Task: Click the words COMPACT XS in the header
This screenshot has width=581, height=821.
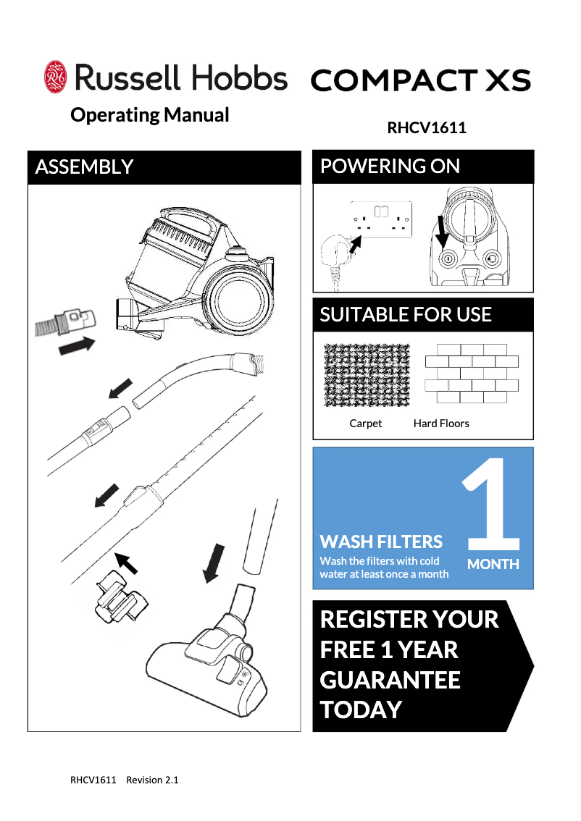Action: tap(420, 80)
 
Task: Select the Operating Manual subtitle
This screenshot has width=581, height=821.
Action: tap(149, 115)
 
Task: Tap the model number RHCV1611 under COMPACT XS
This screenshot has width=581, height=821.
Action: tap(427, 128)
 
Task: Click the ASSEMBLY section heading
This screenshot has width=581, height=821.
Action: tap(84, 167)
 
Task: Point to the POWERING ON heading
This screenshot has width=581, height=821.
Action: tap(390, 167)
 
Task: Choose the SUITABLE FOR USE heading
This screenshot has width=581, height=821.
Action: tap(406, 315)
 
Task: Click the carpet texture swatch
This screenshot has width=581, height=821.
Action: tap(367, 374)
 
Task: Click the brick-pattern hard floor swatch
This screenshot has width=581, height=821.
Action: tap(472, 374)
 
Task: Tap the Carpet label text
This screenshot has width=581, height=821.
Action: tap(365, 424)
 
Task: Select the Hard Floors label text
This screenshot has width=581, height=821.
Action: tap(441, 424)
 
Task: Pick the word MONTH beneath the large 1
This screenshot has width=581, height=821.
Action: tap(493, 564)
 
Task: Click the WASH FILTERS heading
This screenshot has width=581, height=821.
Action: tap(381, 542)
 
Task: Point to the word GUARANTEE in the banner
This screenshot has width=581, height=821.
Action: tap(390, 680)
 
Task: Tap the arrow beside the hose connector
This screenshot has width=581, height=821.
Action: tap(77, 346)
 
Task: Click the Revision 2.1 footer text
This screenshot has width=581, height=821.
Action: tap(152, 780)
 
